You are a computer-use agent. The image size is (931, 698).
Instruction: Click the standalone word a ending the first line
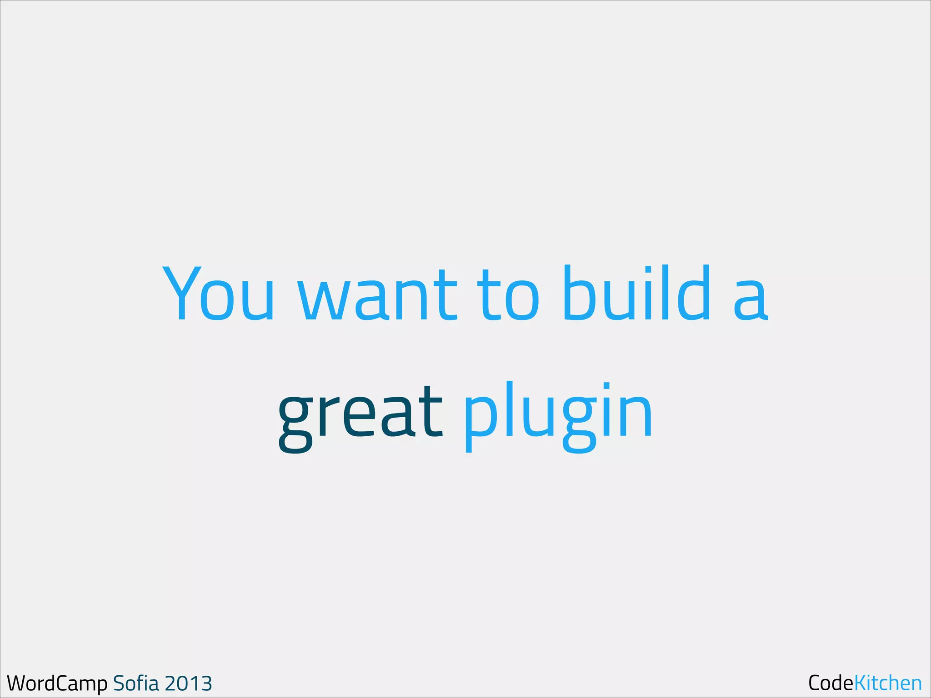point(751,300)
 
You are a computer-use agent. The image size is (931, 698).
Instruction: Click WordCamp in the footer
point(57,683)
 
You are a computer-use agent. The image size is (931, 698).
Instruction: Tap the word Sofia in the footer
point(136,683)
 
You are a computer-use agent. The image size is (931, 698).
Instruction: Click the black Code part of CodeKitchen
point(831,683)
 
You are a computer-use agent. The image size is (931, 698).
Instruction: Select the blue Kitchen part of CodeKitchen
point(888,683)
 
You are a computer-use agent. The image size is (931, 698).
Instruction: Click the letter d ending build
point(693,293)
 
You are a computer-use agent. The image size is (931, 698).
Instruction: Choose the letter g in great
point(296,423)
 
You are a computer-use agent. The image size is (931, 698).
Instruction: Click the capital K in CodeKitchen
point(861,683)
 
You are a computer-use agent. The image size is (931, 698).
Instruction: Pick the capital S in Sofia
point(119,683)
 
